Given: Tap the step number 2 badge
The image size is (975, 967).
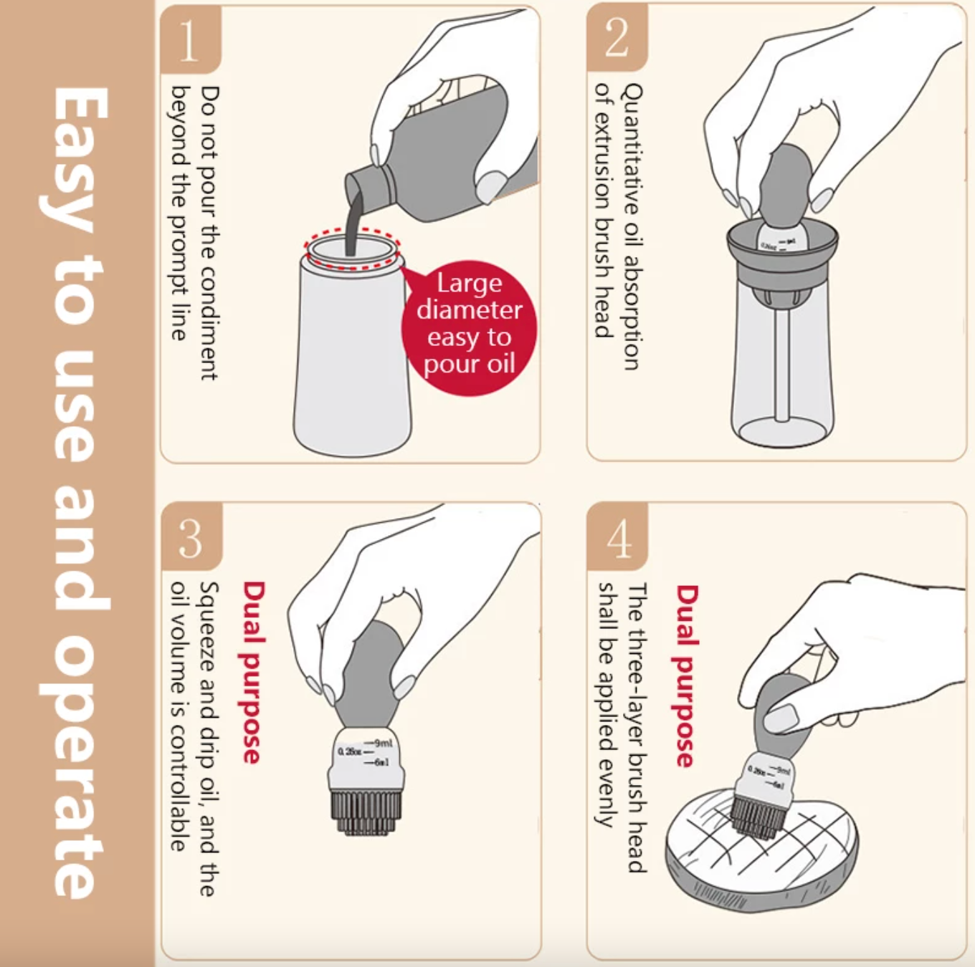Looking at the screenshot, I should [617, 38].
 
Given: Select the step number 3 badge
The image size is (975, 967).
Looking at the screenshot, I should [191, 538].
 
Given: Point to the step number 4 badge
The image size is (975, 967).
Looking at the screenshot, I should [618, 538].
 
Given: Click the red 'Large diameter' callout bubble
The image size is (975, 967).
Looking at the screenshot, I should [470, 326].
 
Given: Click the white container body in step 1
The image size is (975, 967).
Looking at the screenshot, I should [351, 358].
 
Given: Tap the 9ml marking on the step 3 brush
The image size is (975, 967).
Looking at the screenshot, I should [381, 743].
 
